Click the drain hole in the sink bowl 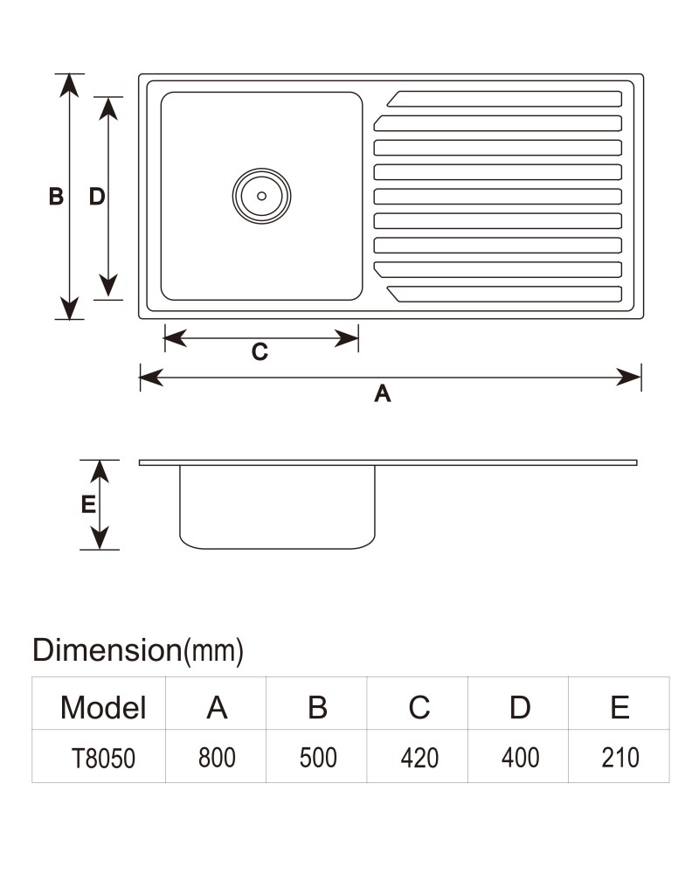(x=261, y=196)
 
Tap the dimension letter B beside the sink (x=56, y=197)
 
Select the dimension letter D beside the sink (x=97, y=197)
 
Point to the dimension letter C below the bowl (x=260, y=351)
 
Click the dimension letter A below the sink (x=383, y=393)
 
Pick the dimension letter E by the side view (x=88, y=504)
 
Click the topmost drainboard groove (x=504, y=99)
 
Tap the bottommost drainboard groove (x=504, y=294)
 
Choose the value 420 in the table (x=419, y=758)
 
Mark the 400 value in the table (x=520, y=758)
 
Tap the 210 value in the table (x=619, y=758)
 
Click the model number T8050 (x=103, y=758)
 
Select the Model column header (x=103, y=707)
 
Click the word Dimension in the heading (x=107, y=650)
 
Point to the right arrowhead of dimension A (x=629, y=378)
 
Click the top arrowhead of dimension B (x=69, y=86)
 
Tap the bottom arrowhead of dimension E (x=100, y=538)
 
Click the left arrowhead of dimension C (x=176, y=337)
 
